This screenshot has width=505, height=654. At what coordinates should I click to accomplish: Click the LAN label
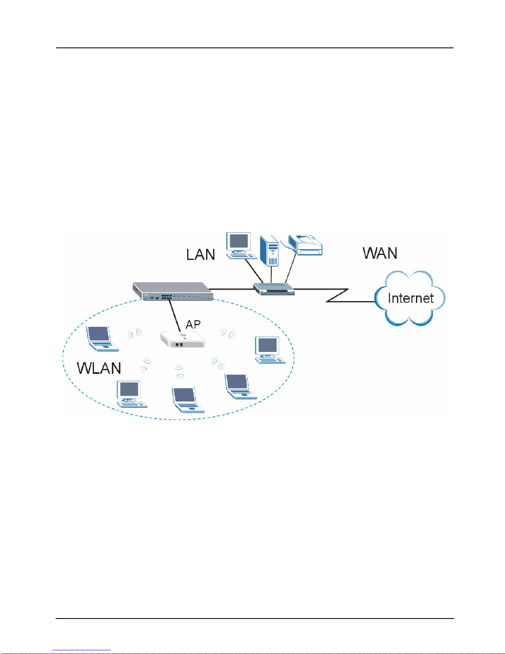click(x=200, y=255)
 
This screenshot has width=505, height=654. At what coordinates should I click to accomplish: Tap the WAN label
click(x=380, y=253)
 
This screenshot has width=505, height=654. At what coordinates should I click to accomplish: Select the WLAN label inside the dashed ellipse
click(x=99, y=368)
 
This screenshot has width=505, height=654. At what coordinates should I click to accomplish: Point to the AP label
click(x=193, y=324)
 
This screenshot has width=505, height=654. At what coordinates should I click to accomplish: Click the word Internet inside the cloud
click(x=411, y=298)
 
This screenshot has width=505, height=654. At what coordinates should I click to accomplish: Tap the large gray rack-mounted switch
click(x=173, y=291)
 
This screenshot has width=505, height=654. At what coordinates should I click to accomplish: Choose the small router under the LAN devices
click(x=274, y=289)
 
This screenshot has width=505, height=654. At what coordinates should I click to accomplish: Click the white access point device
click(x=183, y=340)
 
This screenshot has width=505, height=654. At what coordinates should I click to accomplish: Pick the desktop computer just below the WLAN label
click(x=132, y=394)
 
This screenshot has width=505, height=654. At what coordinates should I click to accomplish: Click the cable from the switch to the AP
click(x=175, y=314)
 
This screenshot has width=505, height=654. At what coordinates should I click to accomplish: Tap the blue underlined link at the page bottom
click(x=82, y=650)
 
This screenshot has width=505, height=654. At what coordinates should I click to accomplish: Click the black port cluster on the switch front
click(x=166, y=296)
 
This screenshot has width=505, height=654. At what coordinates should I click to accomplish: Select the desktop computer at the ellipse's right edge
click(x=270, y=350)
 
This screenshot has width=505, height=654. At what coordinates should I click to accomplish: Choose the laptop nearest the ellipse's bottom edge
click(x=188, y=400)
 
